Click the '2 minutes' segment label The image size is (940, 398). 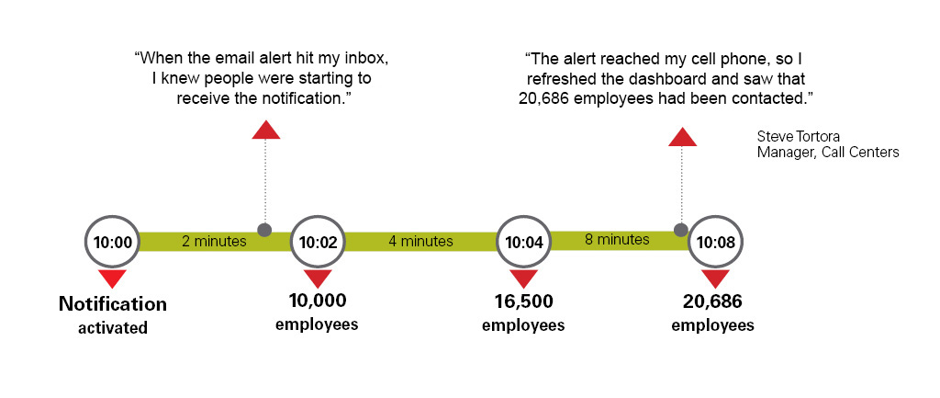pyautogui.click(x=214, y=242)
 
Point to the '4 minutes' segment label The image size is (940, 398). pyautogui.click(x=420, y=242)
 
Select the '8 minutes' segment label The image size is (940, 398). pyautogui.click(x=617, y=240)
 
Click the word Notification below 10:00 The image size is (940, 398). pyautogui.click(x=113, y=303)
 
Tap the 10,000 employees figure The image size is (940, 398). pyautogui.click(x=318, y=301)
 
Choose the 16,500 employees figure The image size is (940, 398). pyautogui.click(x=523, y=301)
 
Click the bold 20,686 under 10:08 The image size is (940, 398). pyautogui.click(x=712, y=301)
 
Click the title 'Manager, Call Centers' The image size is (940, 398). pyautogui.click(x=828, y=153)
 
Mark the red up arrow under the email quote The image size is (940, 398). pyautogui.click(x=266, y=129)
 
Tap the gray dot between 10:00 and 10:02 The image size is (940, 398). pyautogui.click(x=264, y=229)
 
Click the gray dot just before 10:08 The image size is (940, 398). pyautogui.click(x=680, y=230)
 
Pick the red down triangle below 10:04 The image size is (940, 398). pyautogui.click(x=524, y=279)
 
